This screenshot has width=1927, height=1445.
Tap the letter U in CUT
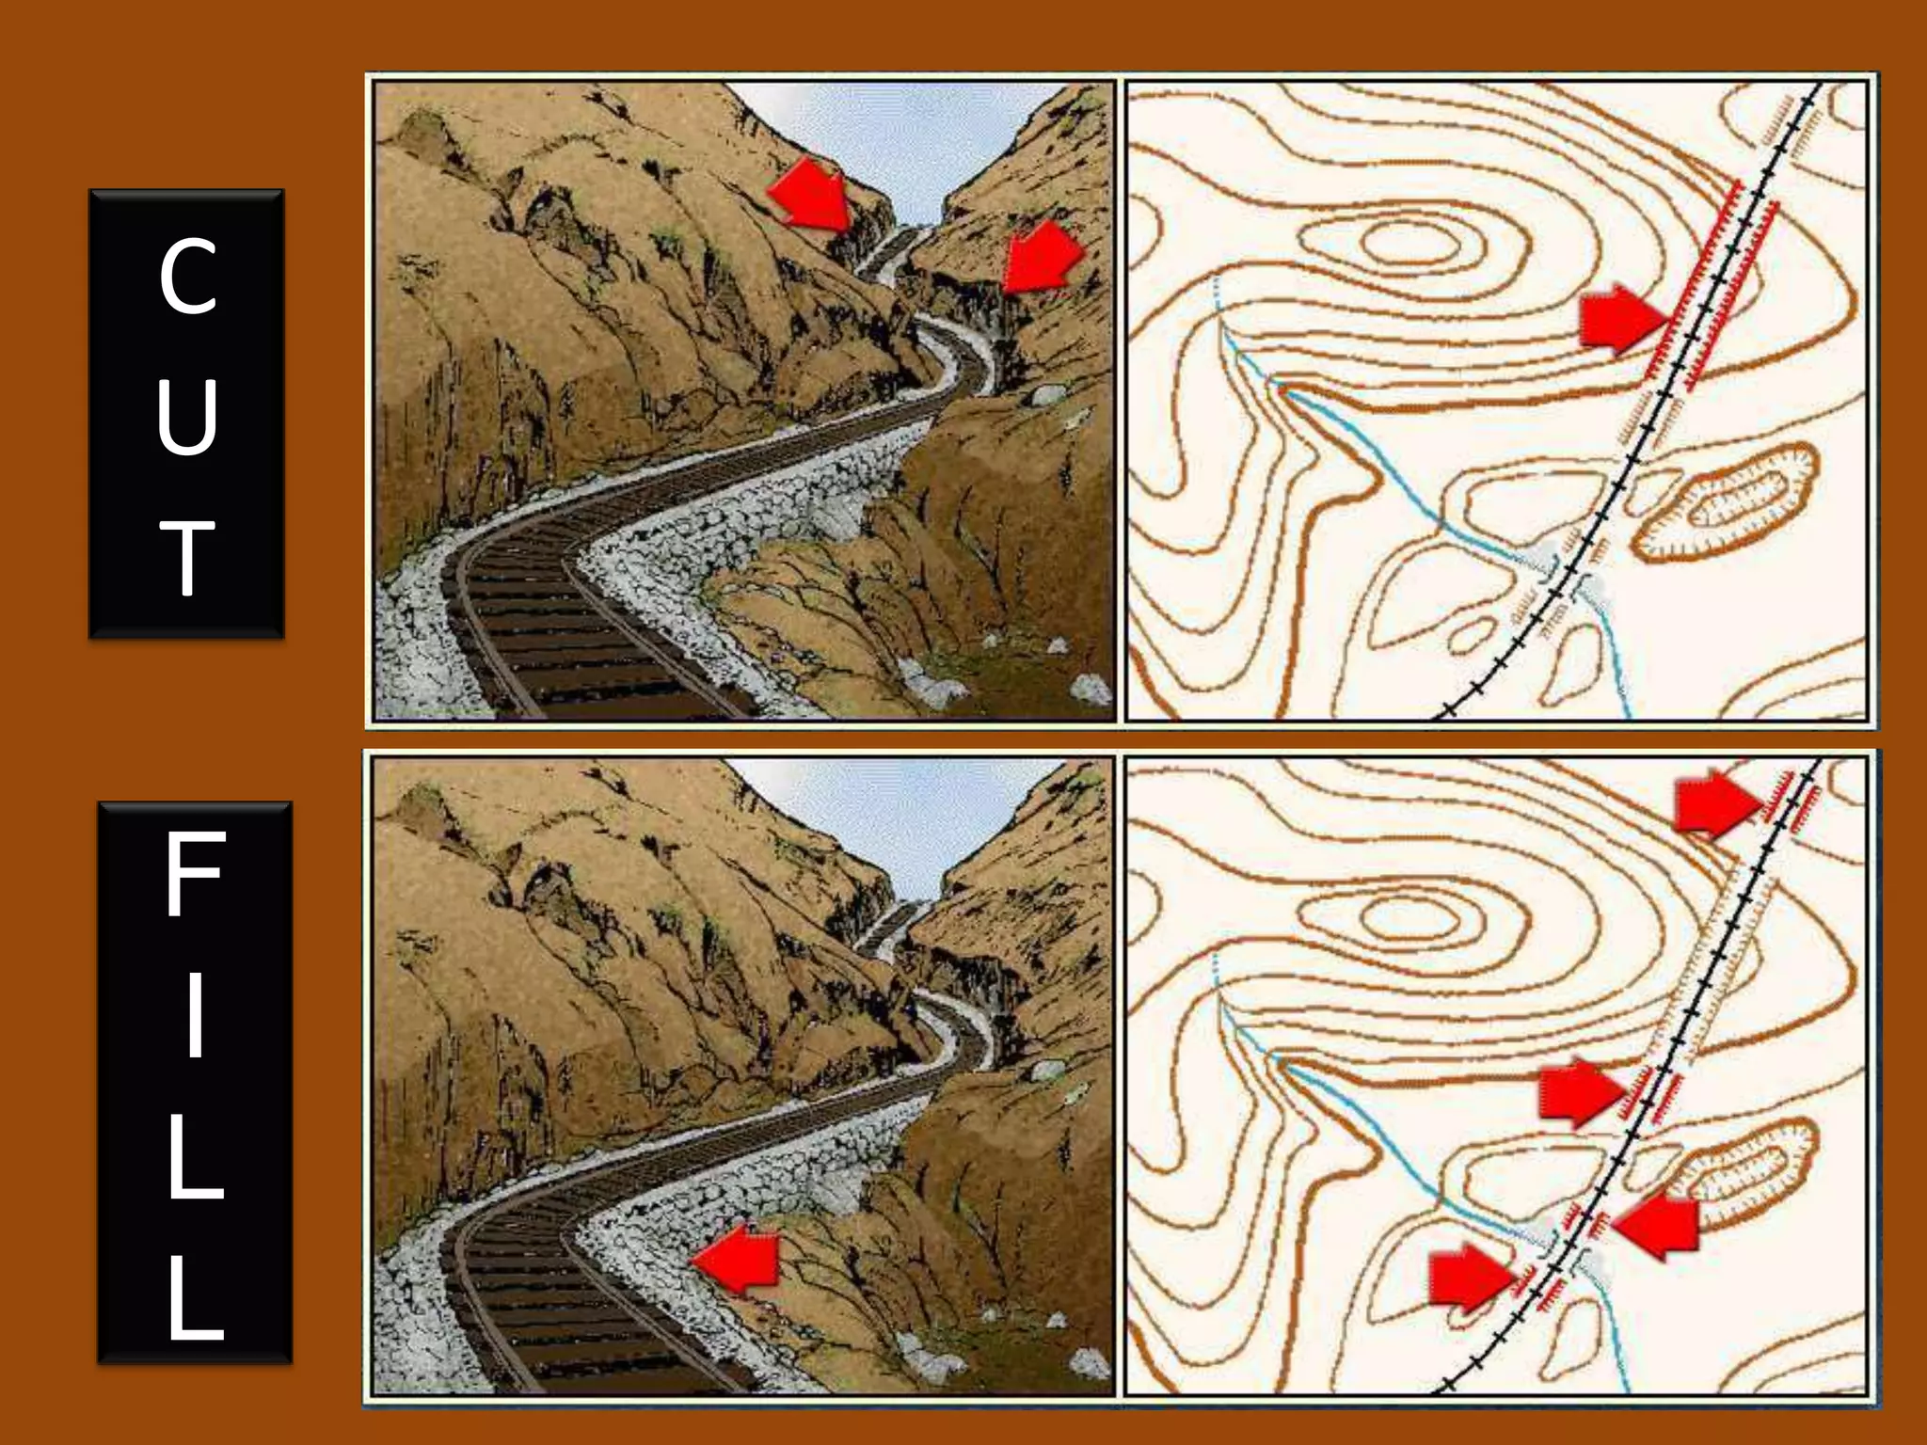pos(188,416)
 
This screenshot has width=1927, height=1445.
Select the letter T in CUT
pos(188,557)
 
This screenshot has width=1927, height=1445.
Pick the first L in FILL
pos(195,1157)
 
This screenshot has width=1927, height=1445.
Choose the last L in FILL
pos(195,1298)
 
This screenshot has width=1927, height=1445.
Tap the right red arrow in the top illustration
pos(1042,257)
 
